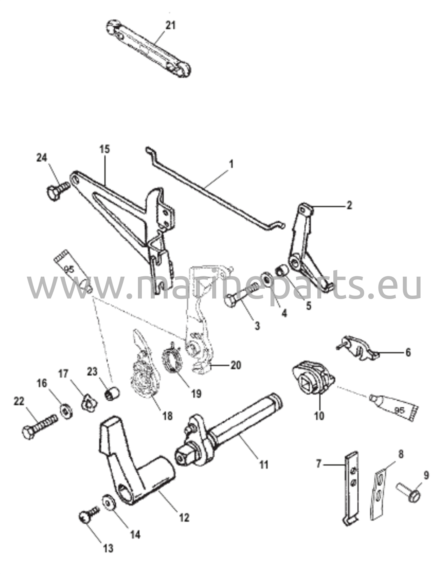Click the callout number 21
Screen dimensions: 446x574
(x=170, y=26)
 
